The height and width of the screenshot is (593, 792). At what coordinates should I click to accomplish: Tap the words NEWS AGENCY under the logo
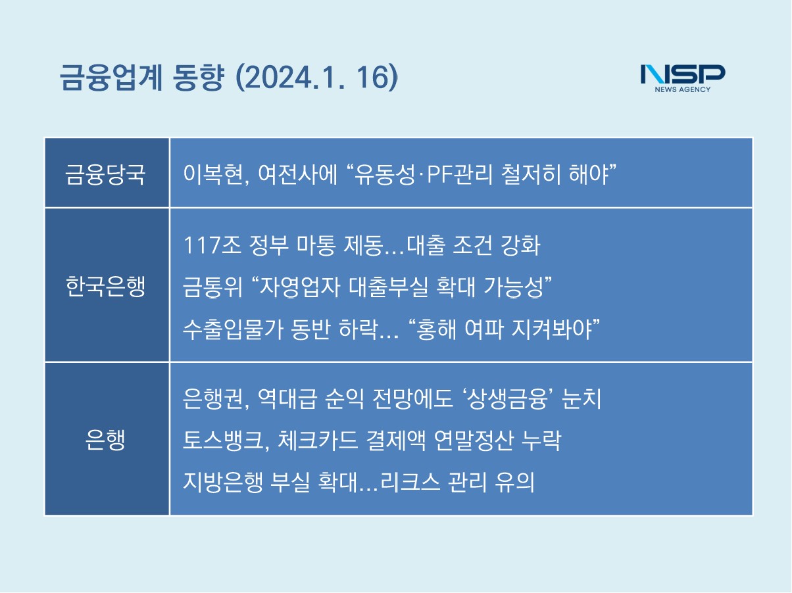(x=683, y=89)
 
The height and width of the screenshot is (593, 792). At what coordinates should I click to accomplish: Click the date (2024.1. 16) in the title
(x=316, y=78)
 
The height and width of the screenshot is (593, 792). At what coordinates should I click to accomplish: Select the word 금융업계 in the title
(x=111, y=78)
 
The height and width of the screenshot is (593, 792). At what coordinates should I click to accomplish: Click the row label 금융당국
(x=105, y=174)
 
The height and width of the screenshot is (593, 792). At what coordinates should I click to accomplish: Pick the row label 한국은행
(x=105, y=286)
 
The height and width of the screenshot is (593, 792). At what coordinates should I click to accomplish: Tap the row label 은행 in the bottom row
(x=105, y=440)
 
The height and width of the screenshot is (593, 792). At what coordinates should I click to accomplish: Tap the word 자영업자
(x=300, y=287)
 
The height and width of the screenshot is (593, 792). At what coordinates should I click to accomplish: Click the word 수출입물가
(x=233, y=329)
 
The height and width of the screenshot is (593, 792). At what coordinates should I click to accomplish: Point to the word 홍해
(x=437, y=329)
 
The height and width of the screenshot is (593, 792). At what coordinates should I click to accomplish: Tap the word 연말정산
(x=474, y=440)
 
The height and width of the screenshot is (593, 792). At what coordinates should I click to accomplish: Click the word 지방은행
(x=222, y=482)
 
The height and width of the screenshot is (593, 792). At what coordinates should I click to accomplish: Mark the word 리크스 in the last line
(x=410, y=482)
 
